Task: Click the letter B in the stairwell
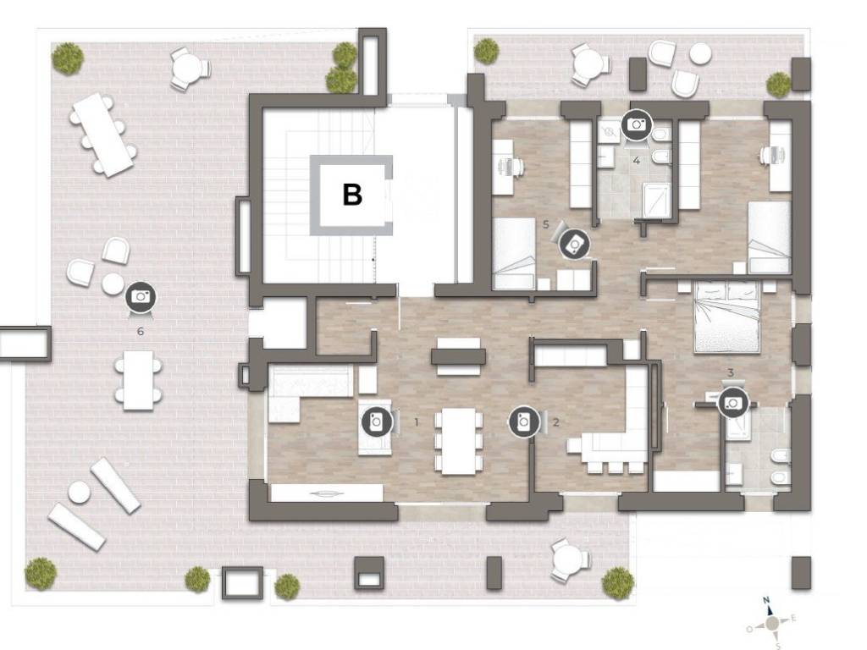tap(352, 195)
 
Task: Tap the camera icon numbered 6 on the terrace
tap(141, 297)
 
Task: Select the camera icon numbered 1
tap(377, 422)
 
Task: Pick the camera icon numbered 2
tap(523, 422)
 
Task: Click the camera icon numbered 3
tap(733, 403)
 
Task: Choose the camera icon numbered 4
tap(637, 124)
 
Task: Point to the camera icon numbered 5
tap(574, 244)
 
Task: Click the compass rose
tap(772, 624)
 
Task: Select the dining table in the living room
tap(458, 440)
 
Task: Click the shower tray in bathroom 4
tap(656, 201)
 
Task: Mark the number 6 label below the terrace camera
tap(141, 331)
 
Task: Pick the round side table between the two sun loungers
tap(79, 492)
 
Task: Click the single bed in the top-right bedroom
tap(769, 237)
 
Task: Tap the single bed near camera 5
tap(514, 254)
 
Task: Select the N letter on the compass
tap(766, 600)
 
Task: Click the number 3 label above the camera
tap(731, 372)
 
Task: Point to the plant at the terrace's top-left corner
tap(68, 58)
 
